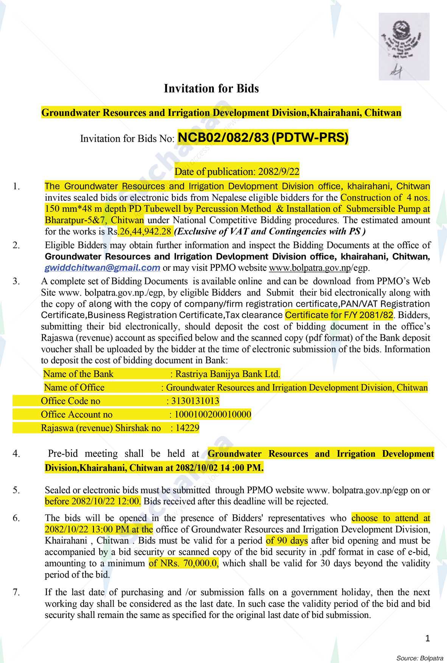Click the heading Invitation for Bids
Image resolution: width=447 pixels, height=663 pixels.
click(x=211, y=89)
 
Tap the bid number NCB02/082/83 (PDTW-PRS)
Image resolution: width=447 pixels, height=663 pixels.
click(x=263, y=138)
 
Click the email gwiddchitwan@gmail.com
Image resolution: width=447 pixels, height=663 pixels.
click(x=102, y=268)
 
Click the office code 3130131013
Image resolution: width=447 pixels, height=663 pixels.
click(x=195, y=401)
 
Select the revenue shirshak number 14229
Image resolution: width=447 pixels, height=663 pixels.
click(x=187, y=428)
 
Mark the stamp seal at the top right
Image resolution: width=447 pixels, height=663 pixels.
click(x=404, y=46)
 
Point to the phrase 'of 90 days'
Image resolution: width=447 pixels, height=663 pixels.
click(x=287, y=541)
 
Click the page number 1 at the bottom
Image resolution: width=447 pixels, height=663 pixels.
click(x=428, y=639)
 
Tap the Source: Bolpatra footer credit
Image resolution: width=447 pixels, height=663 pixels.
click(x=419, y=658)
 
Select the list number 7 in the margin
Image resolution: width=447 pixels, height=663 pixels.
click(x=16, y=592)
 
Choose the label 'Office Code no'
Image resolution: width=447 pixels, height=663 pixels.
click(x=71, y=401)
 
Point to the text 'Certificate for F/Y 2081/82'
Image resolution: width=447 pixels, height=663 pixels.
click(x=339, y=315)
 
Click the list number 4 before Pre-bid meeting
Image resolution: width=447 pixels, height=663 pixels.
click(x=16, y=453)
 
